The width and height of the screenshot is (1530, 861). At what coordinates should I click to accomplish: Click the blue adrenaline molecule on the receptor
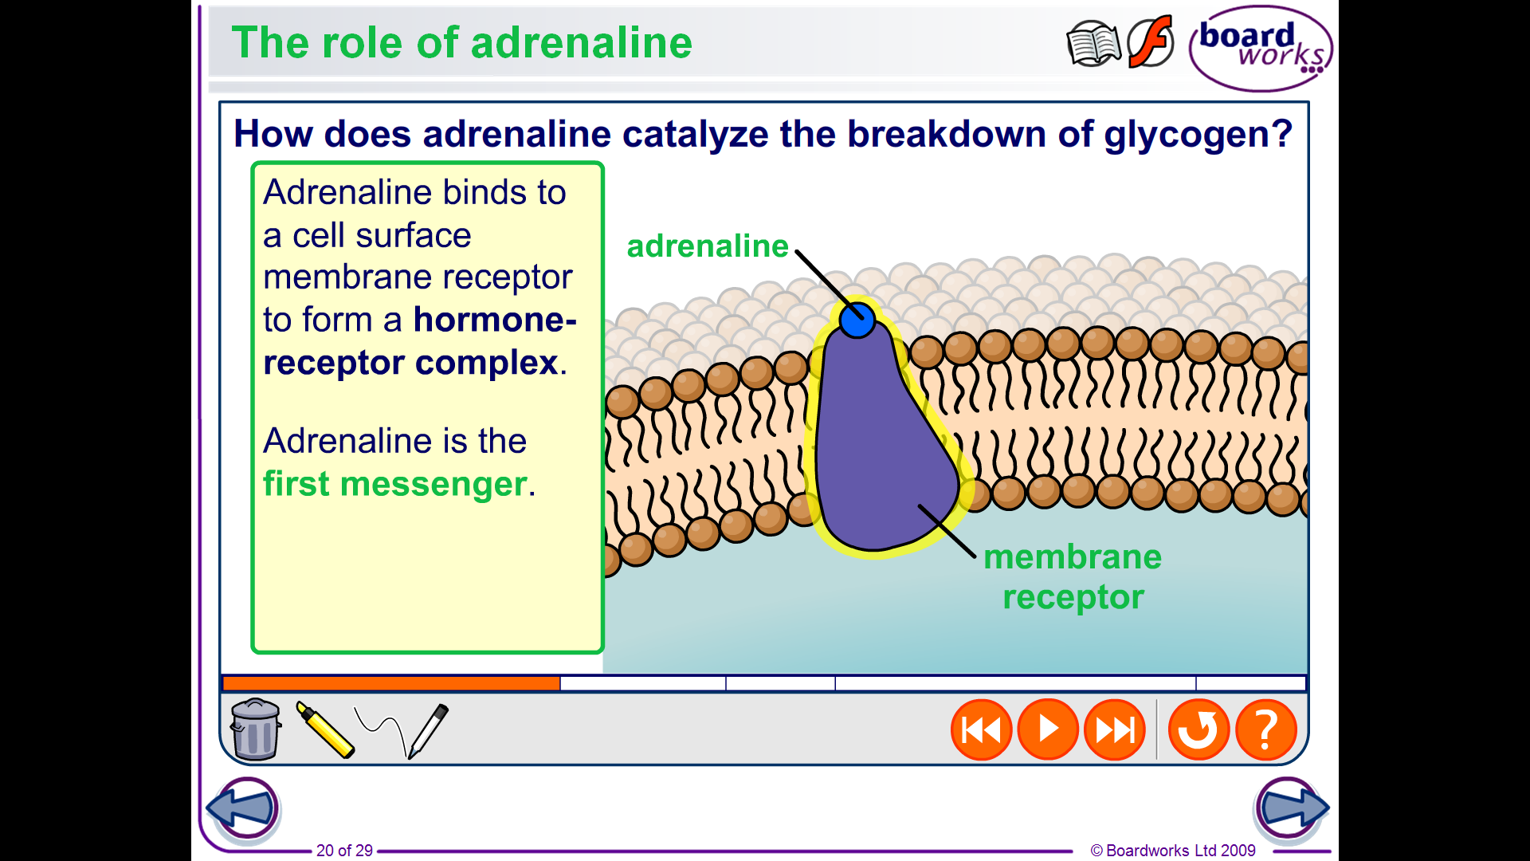point(857,320)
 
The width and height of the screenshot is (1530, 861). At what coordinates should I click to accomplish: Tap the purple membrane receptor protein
point(881,446)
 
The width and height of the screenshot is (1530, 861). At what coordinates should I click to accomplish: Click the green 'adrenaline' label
point(708,246)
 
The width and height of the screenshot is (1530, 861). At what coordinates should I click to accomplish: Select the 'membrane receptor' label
point(1073,576)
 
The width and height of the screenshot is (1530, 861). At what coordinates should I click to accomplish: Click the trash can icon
point(255,729)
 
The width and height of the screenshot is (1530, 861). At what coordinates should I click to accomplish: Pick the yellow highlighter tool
point(324,729)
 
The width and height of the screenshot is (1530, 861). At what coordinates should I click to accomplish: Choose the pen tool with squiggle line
point(402,730)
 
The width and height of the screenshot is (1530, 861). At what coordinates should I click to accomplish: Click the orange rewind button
point(981,729)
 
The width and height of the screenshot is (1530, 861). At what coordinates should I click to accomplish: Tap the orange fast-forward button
point(1115,729)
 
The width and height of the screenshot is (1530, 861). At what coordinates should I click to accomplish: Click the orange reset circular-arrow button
point(1198,729)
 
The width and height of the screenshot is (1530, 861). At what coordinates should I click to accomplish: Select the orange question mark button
point(1266,729)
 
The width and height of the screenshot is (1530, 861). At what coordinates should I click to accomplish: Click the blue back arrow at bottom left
point(244,808)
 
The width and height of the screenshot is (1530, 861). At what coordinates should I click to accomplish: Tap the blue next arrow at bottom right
point(1290,808)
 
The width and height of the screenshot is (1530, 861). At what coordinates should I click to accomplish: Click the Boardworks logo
point(1261,49)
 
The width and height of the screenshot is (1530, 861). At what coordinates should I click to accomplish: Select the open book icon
point(1093,44)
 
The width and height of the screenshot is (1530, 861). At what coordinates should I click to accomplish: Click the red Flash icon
point(1151,41)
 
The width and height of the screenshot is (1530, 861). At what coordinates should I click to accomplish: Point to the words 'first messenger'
point(395,483)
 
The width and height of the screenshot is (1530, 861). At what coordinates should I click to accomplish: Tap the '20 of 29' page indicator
point(344,851)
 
